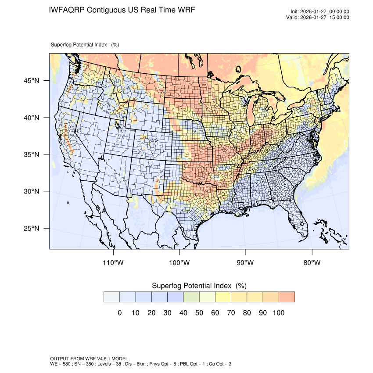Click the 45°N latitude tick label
tap(32, 81)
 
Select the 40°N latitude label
tap(32, 118)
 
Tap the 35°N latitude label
tap(32, 154)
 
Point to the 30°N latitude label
tap(32, 191)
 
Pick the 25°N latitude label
tap(32, 228)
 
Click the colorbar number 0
tap(119, 313)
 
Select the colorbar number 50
tap(199, 313)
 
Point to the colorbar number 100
tap(278, 313)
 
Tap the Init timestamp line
tap(320, 11)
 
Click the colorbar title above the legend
tap(199, 286)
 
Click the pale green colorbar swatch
tap(191, 297)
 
